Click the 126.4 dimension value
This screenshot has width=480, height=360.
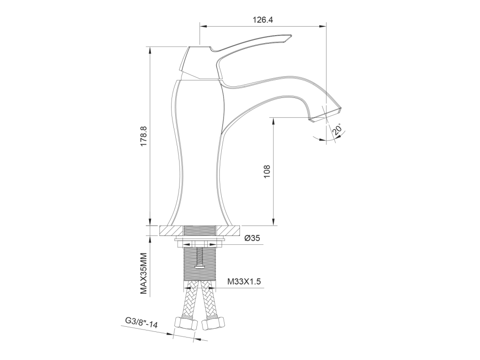[262, 20]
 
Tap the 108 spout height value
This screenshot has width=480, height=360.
[267, 172]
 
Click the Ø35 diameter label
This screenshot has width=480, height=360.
[253, 238]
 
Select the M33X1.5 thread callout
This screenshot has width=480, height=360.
[244, 281]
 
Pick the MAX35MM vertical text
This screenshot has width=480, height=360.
[144, 274]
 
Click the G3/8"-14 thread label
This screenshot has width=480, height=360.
[142, 322]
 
